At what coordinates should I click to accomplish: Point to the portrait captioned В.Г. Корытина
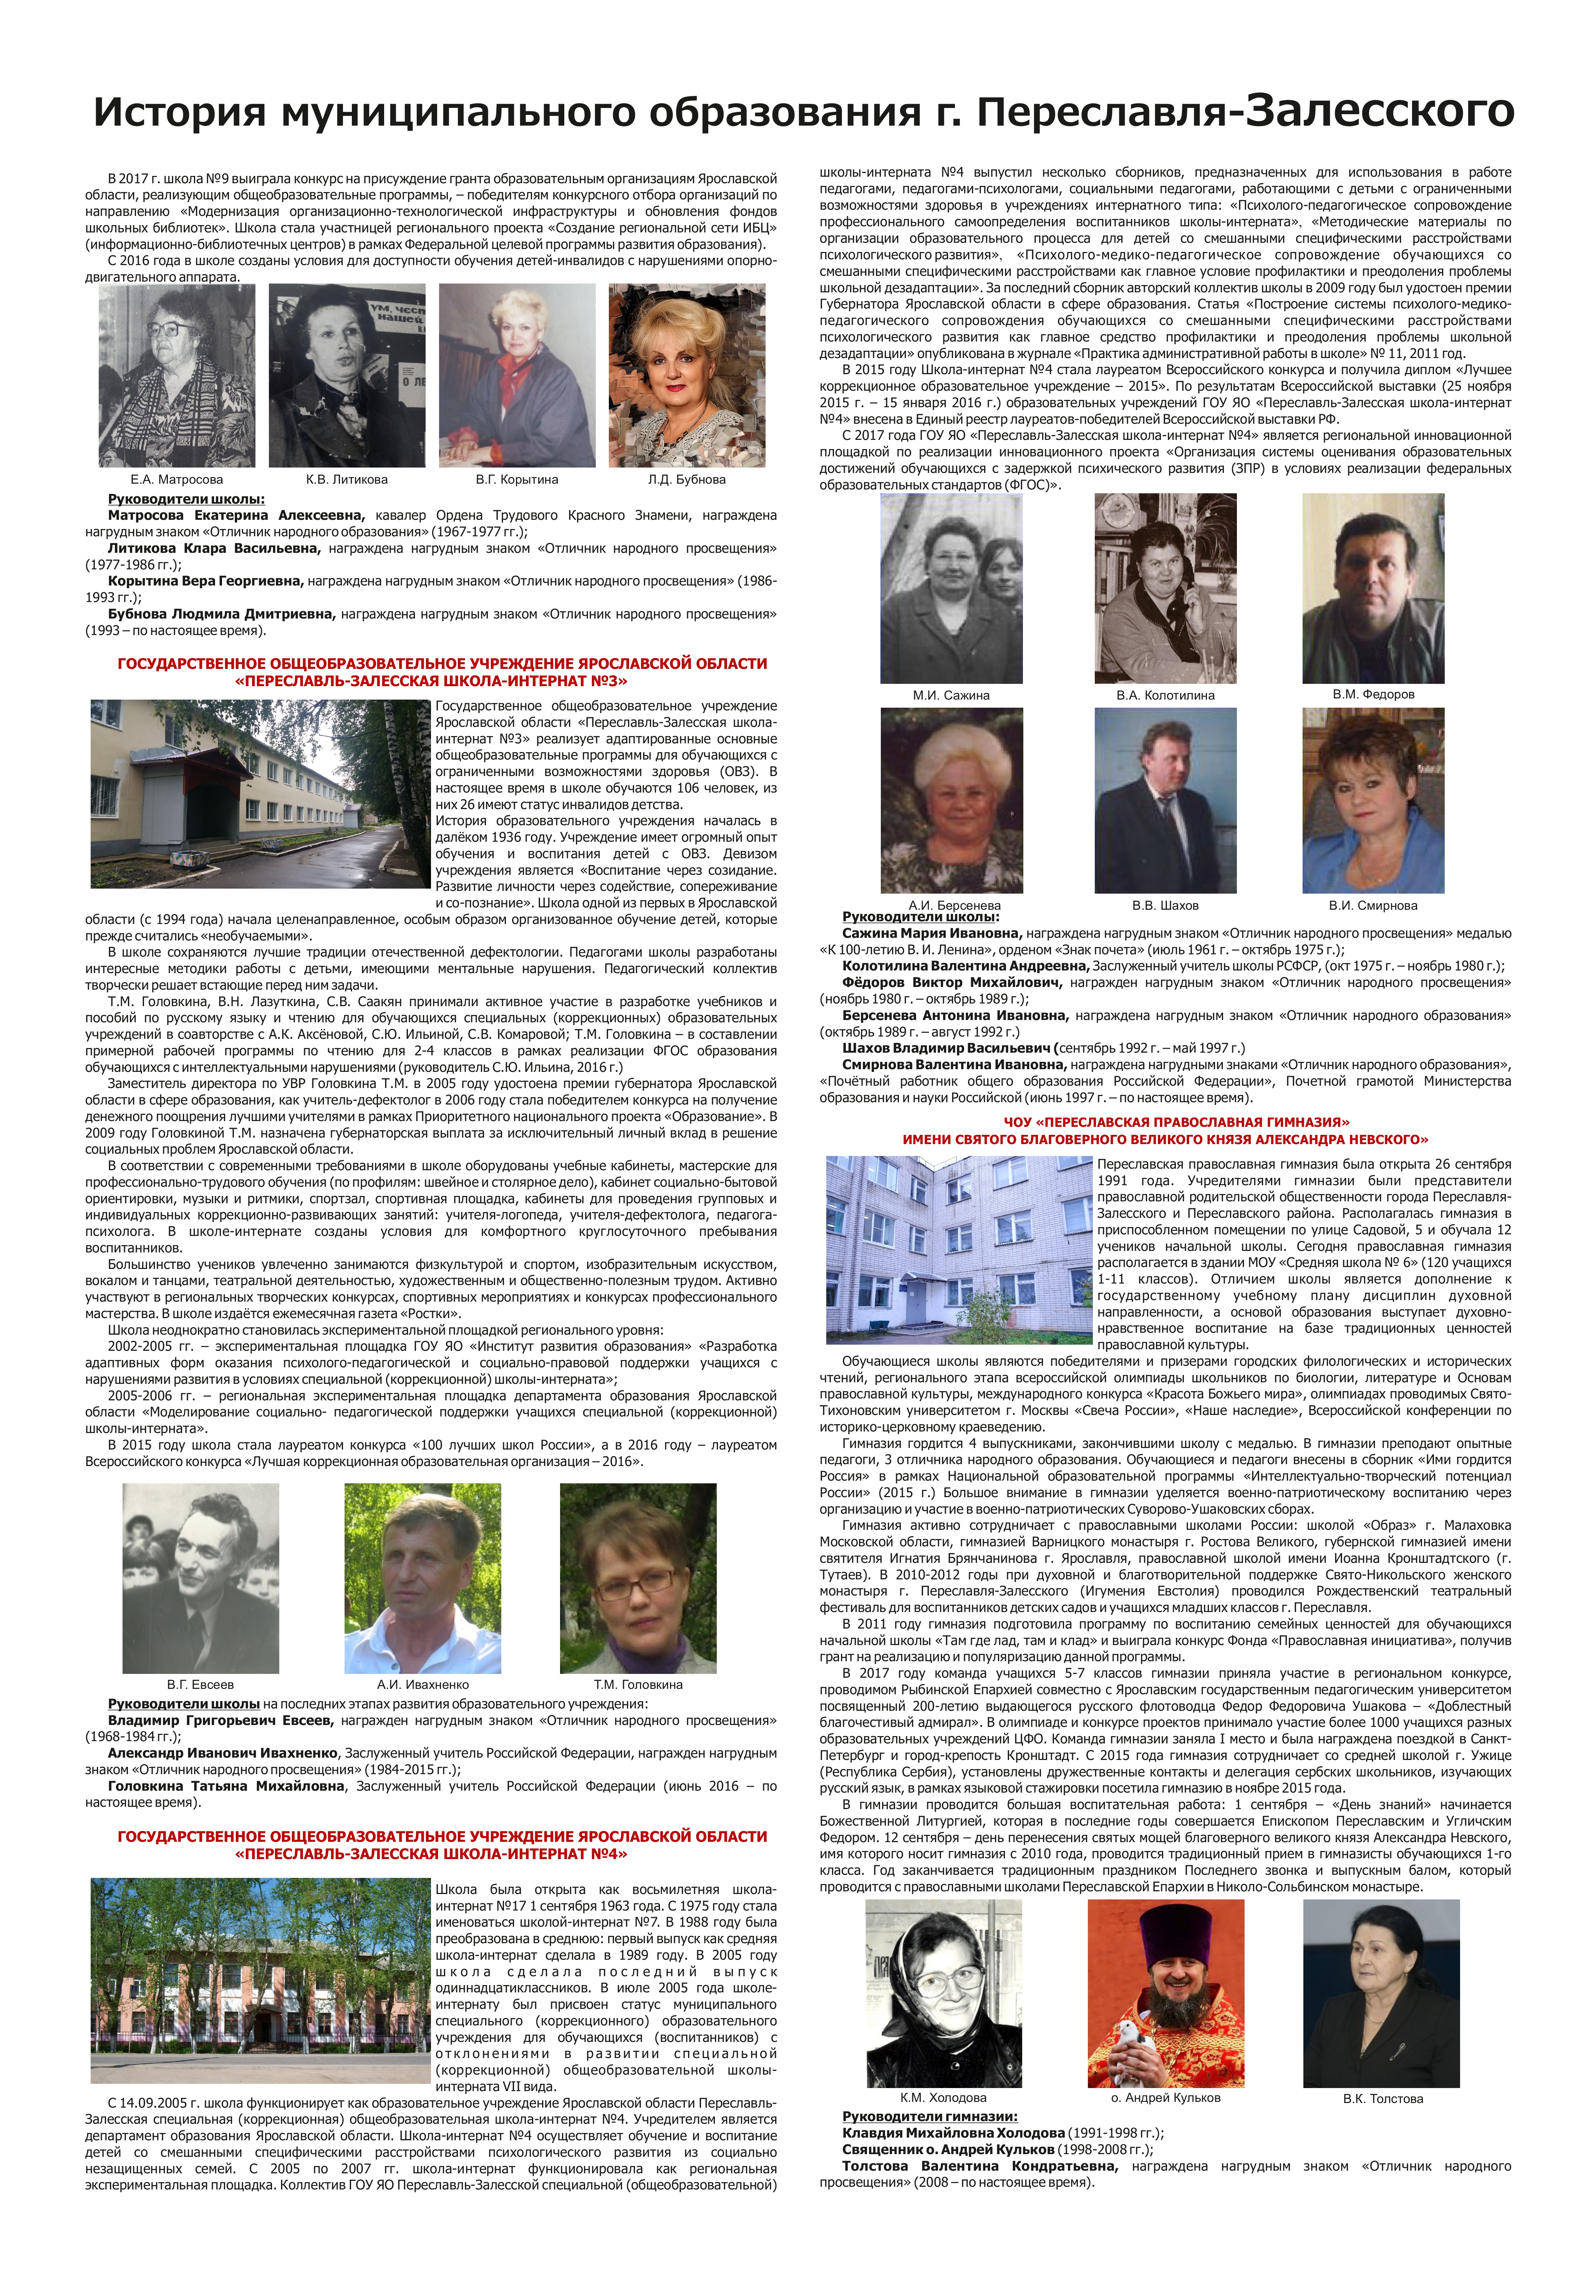[517, 375]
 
